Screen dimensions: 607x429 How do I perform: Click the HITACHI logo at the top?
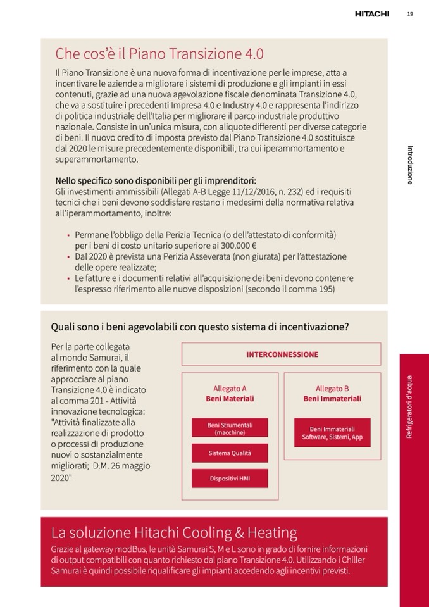(371, 13)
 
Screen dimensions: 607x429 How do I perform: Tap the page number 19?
(410, 13)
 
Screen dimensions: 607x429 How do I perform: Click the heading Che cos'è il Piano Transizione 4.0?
(159, 53)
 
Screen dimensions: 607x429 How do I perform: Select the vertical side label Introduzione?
(410, 165)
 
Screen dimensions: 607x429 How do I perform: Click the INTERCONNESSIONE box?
(282, 354)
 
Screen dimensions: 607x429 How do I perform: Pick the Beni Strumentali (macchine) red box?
(230, 429)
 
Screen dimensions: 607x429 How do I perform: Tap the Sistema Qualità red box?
(230, 453)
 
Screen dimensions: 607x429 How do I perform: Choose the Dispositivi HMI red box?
(230, 479)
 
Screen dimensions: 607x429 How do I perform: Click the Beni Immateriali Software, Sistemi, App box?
(332, 433)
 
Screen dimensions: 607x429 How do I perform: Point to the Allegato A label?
(230, 389)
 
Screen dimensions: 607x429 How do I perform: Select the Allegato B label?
(332, 389)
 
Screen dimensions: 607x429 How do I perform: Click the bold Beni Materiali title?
(230, 399)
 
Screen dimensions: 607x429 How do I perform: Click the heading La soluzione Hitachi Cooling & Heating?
(174, 532)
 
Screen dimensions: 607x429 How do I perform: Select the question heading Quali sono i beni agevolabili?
(199, 327)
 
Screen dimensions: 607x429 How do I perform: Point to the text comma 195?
(315, 289)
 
